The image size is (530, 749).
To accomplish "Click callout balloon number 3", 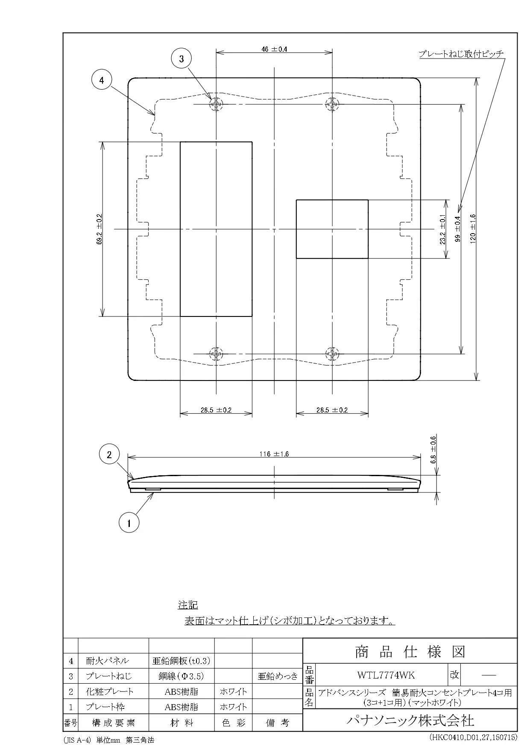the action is click(x=182, y=59).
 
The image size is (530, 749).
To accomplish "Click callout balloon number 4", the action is click(x=102, y=80).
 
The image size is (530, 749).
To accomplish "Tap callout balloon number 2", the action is click(x=109, y=455).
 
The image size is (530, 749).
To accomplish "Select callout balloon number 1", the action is click(x=129, y=522).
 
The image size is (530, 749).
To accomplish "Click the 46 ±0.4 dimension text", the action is click(x=275, y=49).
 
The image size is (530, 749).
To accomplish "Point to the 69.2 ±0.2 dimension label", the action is click(x=99, y=229).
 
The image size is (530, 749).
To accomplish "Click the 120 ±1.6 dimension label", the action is click(x=473, y=229).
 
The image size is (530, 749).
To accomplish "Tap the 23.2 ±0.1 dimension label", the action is click(x=443, y=229).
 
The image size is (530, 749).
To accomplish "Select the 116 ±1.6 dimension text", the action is click(x=274, y=454).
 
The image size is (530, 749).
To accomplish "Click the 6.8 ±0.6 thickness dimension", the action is click(x=433, y=450).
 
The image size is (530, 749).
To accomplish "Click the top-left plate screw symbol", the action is click(x=217, y=104).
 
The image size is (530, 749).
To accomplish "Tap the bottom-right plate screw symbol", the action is click(x=332, y=354).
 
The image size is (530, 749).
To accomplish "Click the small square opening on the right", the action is click(x=332, y=229).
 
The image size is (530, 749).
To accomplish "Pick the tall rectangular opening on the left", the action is click(x=216, y=229).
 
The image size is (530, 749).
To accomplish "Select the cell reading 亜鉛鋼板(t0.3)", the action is click(x=181, y=661).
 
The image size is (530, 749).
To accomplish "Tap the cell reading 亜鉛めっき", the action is click(x=277, y=676).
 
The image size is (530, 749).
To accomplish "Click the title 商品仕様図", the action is click(x=410, y=652).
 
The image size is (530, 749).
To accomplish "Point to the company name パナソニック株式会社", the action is click(x=410, y=721).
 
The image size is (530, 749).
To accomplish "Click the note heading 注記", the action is click(x=188, y=605).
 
